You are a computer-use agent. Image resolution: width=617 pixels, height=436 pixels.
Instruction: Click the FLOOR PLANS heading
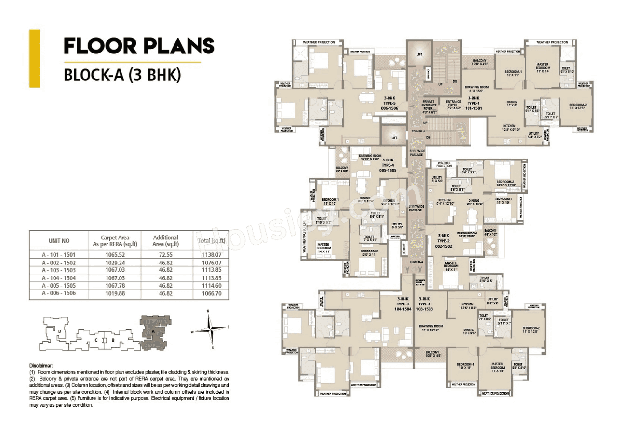click(139, 46)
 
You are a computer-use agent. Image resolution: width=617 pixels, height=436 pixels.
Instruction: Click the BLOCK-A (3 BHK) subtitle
click(122, 76)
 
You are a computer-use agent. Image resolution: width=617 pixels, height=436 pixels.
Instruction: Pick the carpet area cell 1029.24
click(115, 263)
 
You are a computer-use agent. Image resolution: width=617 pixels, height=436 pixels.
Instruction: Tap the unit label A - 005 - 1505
click(59, 285)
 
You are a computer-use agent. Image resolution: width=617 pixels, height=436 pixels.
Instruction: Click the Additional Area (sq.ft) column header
click(165, 240)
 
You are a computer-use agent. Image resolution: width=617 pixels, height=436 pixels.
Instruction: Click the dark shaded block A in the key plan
click(153, 331)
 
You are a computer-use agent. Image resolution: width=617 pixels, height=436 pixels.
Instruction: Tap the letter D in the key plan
click(59, 332)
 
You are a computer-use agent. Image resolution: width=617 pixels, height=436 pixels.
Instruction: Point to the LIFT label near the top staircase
click(419, 55)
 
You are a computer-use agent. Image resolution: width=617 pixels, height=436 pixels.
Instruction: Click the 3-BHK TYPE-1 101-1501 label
click(473, 103)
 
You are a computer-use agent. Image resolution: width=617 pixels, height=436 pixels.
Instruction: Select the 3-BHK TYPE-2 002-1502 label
click(443, 239)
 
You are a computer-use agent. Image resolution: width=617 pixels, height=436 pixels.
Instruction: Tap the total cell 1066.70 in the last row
click(211, 292)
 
